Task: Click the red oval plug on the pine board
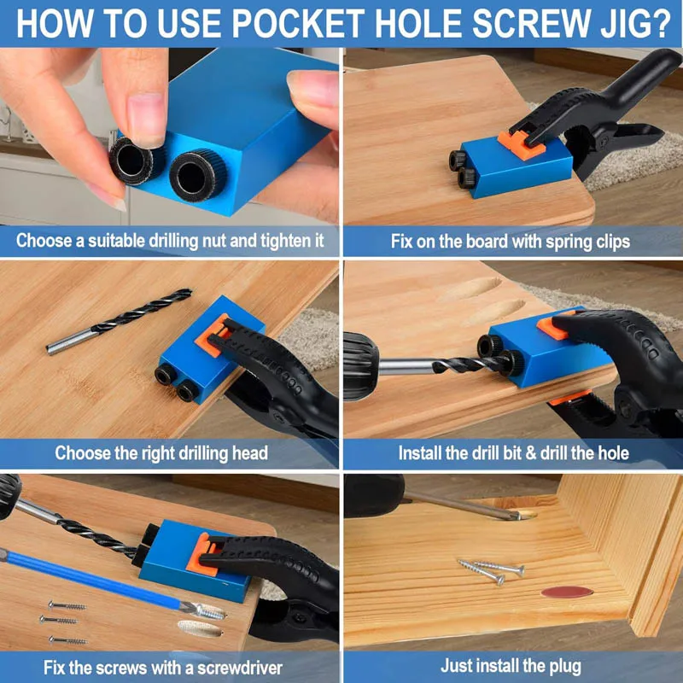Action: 567,592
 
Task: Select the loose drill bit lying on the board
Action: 119,321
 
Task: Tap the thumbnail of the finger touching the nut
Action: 147,118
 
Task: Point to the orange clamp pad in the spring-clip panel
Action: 521,144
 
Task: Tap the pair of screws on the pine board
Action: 491,570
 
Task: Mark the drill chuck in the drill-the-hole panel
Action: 360,366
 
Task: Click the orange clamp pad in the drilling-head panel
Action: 212,335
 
